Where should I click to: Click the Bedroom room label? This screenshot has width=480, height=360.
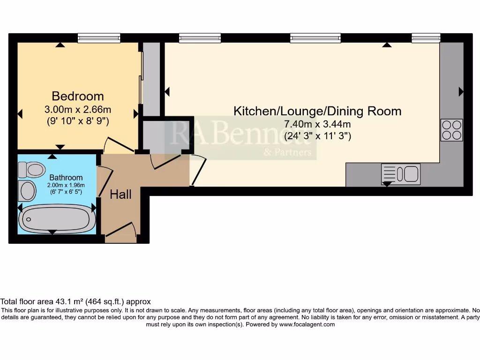click(78, 96)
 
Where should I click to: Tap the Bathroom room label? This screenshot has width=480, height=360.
click(66, 178)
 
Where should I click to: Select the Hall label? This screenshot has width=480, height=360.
click(120, 195)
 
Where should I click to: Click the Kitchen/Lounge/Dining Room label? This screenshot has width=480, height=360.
click(317, 111)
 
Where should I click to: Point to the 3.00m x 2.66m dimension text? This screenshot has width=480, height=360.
click(78, 110)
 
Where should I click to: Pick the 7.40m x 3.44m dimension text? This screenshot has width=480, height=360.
click(317, 125)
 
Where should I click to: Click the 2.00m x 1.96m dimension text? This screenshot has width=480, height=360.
click(66, 185)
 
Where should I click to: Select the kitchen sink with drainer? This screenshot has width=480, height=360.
click(401, 173)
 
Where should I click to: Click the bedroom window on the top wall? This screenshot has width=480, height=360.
click(99, 38)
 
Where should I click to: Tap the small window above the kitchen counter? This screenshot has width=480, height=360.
click(426, 38)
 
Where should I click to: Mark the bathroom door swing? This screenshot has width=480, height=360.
click(105, 180)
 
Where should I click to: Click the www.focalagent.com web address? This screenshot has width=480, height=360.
click(307, 324)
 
